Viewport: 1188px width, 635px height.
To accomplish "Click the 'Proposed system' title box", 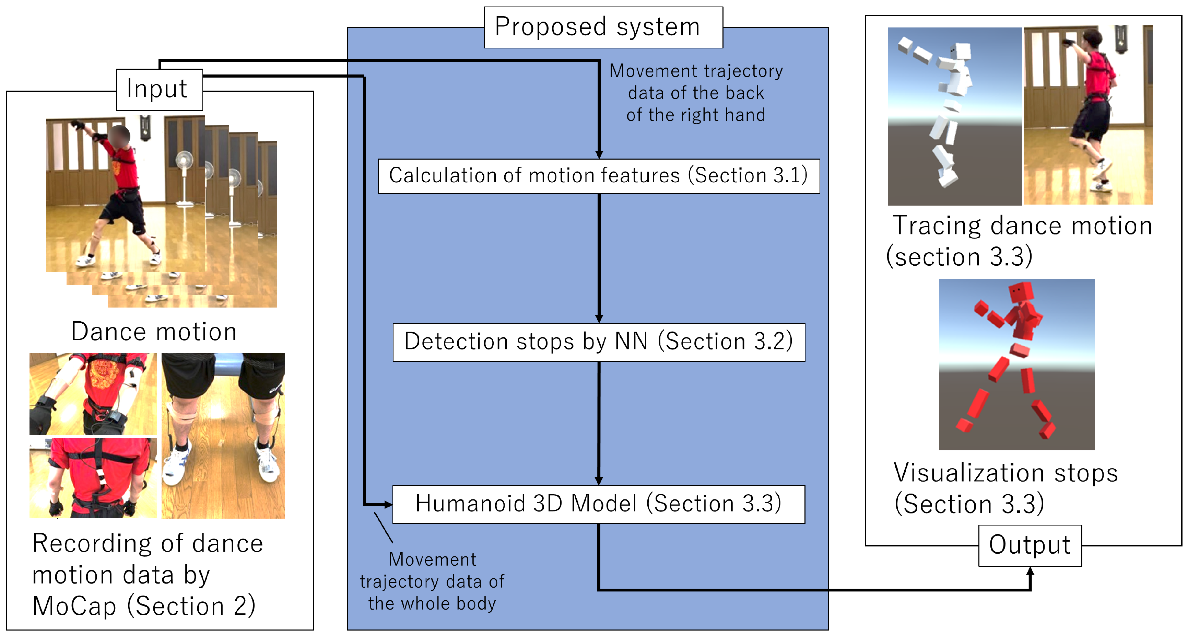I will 603,27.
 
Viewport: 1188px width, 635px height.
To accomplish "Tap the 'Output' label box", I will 1030,545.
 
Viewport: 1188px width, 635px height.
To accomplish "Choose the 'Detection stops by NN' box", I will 598,342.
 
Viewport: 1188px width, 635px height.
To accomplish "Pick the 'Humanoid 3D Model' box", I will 598,504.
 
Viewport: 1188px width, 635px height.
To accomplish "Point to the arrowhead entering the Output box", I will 1030,572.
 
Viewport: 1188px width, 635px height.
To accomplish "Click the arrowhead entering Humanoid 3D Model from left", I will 387,505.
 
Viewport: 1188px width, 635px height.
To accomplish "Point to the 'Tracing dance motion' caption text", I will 1022,226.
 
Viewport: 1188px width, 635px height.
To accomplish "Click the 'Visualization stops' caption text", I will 1005,473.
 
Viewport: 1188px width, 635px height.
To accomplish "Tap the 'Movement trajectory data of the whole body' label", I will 432,581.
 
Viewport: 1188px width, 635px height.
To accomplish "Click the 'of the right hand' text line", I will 695,115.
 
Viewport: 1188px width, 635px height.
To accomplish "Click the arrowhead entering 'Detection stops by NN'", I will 599,319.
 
